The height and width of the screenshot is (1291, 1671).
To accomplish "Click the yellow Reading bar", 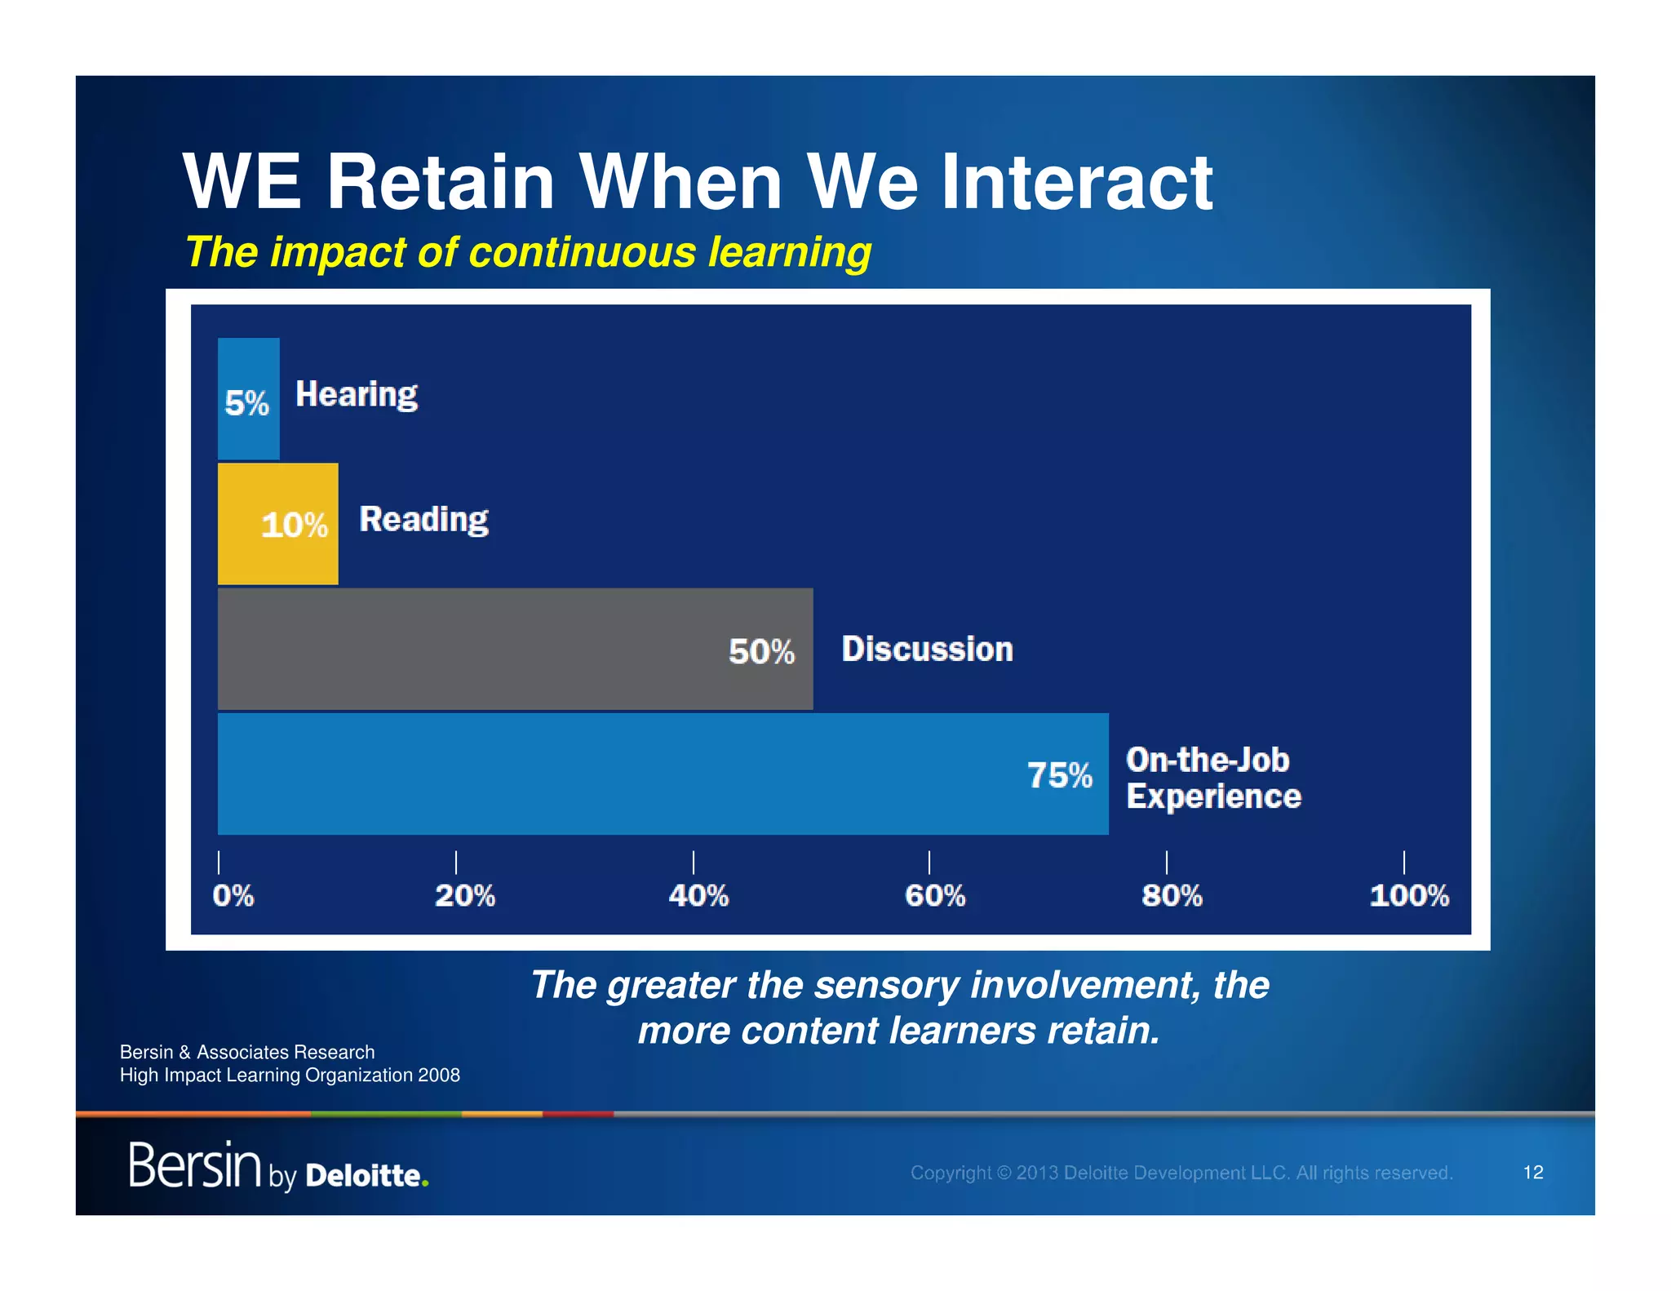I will [277, 523].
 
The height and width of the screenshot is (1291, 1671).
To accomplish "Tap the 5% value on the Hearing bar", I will [246, 403].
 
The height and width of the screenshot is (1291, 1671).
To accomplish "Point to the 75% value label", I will [1059, 775].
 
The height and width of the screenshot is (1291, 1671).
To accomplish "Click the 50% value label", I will [761, 651].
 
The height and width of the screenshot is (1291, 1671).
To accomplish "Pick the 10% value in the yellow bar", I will [294, 525].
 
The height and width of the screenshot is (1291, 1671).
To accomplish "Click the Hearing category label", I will [356, 395].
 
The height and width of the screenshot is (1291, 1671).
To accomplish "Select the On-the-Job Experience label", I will [1212, 778].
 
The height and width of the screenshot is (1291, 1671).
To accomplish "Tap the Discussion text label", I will [927, 650].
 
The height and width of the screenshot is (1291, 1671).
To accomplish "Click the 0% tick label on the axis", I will [233, 896].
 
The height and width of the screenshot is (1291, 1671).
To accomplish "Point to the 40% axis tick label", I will [698, 896].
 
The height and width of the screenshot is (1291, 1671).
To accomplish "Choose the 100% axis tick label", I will [1408, 896].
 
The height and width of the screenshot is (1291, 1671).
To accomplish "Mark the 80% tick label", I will [1172, 896].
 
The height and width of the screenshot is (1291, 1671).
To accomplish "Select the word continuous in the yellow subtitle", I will [582, 252].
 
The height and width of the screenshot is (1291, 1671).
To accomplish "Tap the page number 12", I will [1532, 1173].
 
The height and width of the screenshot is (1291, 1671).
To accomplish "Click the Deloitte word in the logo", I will [365, 1175].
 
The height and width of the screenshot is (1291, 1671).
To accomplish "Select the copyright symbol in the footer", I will [1004, 1173].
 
